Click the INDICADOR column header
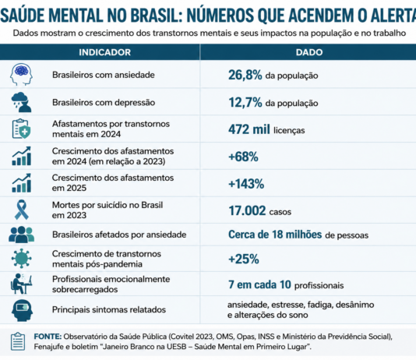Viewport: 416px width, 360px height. pyautogui.click(x=105, y=52)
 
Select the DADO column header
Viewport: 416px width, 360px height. pyautogui.click(x=309, y=52)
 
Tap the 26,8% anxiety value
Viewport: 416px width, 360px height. pyautogui.click(x=245, y=75)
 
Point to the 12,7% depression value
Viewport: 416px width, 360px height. pyautogui.click(x=245, y=103)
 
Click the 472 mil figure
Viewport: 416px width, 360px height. pyautogui.click(x=249, y=129)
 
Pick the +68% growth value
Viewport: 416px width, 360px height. pyautogui.click(x=243, y=157)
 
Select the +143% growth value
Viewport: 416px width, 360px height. pyautogui.click(x=246, y=184)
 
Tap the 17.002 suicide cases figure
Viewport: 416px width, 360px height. pyautogui.click(x=247, y=211)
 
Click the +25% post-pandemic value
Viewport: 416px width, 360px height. pyautogui.click(x=244, y=259)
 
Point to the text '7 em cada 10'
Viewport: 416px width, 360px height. pyautogui.click(x=259, y=284)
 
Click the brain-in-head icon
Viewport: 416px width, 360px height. pyautogui.click(x=21, y=74)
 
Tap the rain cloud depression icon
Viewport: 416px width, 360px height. pyautogui.click(x=21, y=102)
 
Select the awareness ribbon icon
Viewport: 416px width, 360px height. pyautogui.click(x=22, y=210)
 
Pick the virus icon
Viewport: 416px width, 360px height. pyautogui.click(x=22, y=259)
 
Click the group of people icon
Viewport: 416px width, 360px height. pyautogui.click(x=22, y=235)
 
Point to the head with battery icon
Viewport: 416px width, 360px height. pyautogui.click(x=23, y=310)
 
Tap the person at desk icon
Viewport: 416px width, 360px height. pyautogui.click(x=21, y=284)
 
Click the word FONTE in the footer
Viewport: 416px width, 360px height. pyautogui.click(x=48, y=337)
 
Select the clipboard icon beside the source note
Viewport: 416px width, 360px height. pyautogui.click(x=18, y=341)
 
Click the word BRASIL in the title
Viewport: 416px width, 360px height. pyautogui.click(x=154, y=16)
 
